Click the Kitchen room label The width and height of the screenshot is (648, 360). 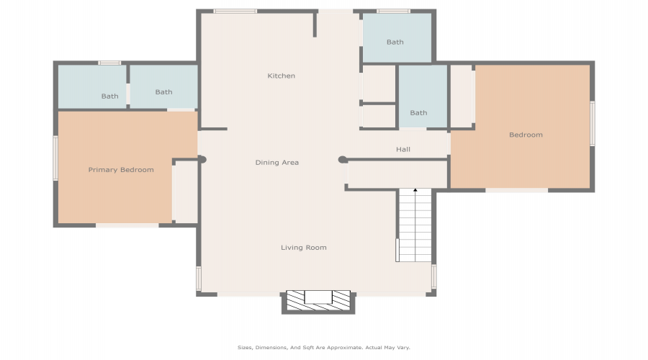point(281,76)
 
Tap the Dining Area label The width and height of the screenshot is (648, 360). point(277,163)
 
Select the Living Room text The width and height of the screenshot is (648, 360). point(304,248)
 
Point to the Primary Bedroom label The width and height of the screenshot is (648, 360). point(121,169)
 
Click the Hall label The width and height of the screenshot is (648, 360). point(403,149)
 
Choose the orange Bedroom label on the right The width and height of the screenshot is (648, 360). point(526,135)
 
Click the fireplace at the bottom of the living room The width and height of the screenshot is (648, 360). point(318,302)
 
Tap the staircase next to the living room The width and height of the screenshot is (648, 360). point(414,225)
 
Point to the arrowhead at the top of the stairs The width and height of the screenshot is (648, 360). point(415,190)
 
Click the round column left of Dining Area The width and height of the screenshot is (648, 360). point(202,159)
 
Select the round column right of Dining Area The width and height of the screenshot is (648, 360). point(343,160)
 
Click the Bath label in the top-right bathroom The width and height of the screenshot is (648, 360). point(395,42)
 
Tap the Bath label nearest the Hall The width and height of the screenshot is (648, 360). point(418,112)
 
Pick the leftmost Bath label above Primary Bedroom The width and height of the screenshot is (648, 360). point(110,96)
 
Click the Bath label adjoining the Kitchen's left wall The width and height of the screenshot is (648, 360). point(163,91)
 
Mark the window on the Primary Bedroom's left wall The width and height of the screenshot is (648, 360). point(55,158)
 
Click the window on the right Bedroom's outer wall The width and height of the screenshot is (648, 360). point(593,123)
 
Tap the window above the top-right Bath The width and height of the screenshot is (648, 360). point(393,11)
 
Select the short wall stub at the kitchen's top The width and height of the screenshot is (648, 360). point(315,24)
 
